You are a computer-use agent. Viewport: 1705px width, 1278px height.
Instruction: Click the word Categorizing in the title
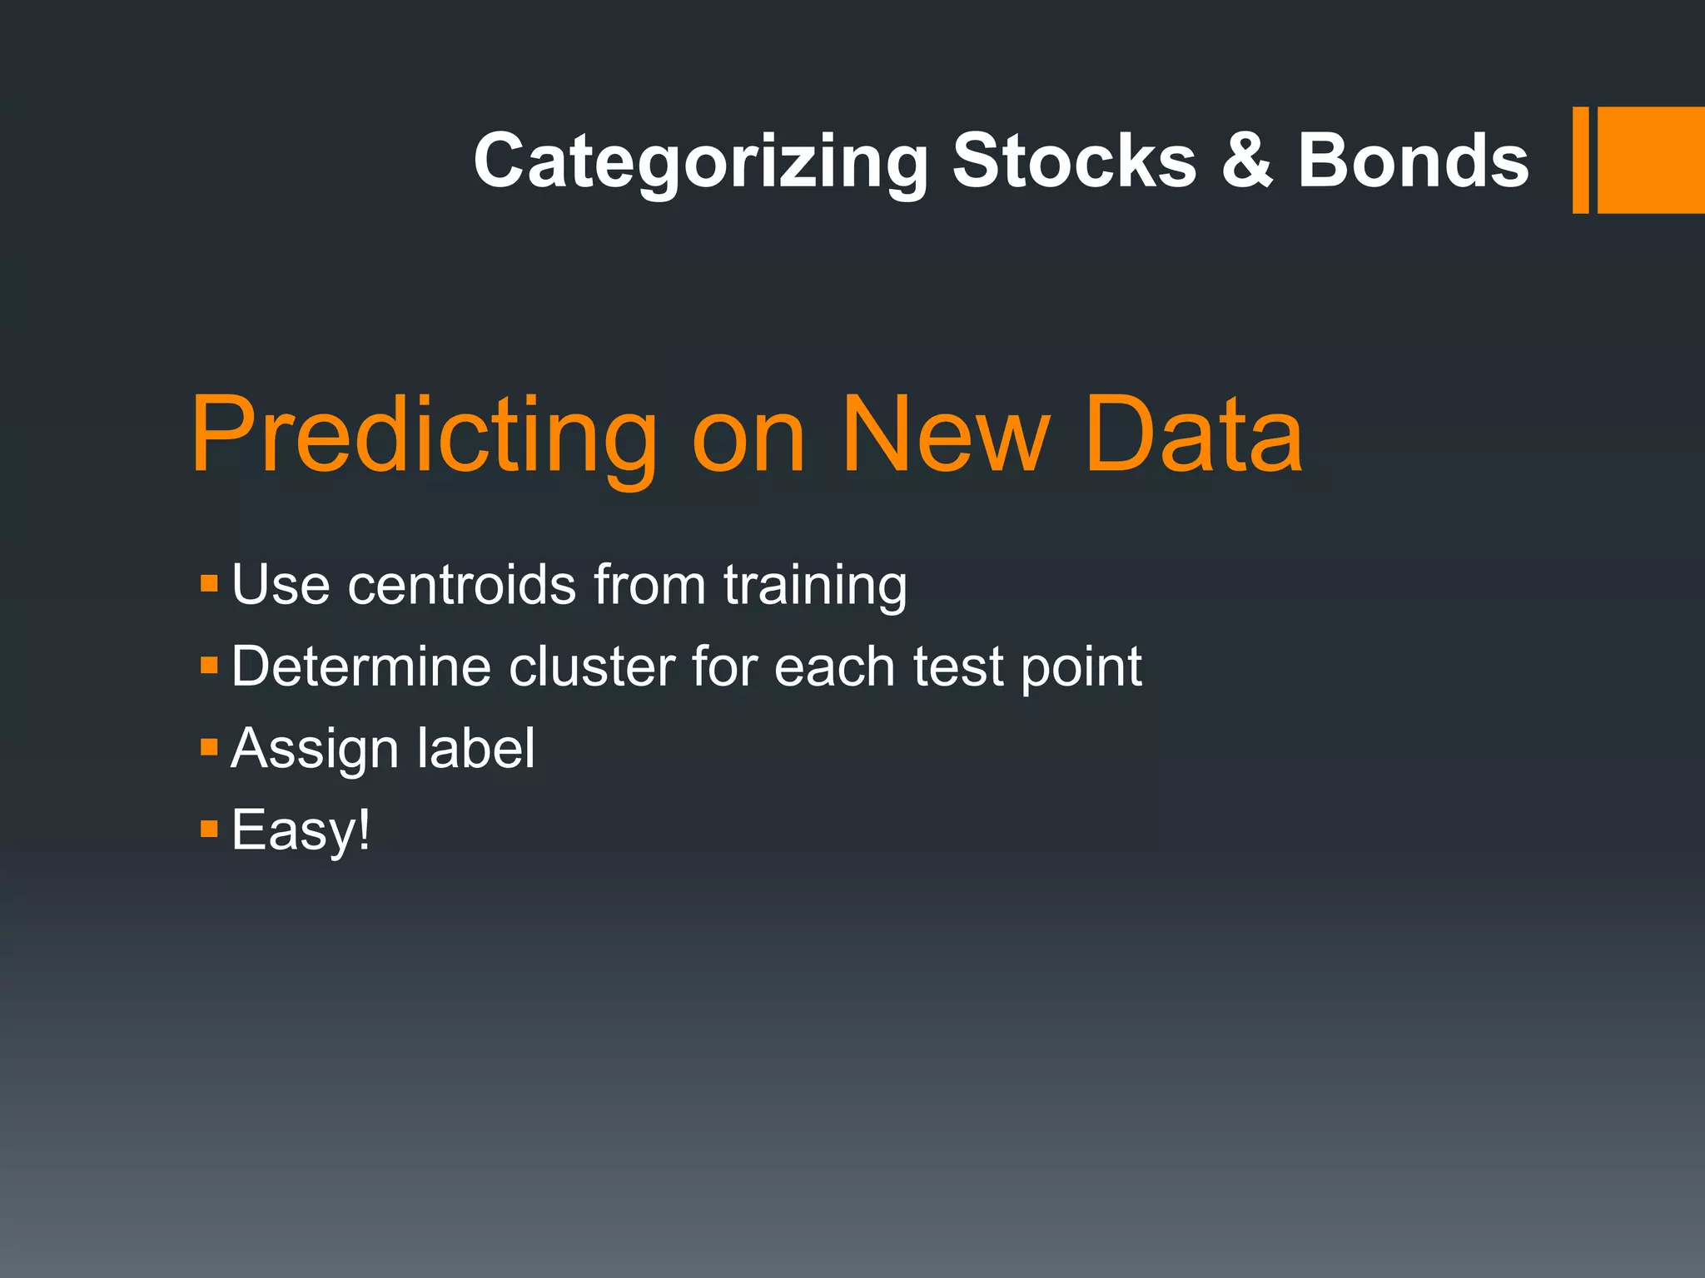point(700,161)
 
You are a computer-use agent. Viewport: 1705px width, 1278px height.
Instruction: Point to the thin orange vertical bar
point(1580,160)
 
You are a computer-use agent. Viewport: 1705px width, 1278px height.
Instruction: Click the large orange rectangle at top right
point(1651,160)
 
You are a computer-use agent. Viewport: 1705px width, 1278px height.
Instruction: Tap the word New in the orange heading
point(945,436)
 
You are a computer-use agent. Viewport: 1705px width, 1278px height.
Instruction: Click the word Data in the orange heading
point(1194,436)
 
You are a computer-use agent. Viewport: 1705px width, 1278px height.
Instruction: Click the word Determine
point(360,666)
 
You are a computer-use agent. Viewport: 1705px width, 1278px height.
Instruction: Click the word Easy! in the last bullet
point(301,830)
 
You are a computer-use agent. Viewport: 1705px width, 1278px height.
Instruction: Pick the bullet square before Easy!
point(209,828)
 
